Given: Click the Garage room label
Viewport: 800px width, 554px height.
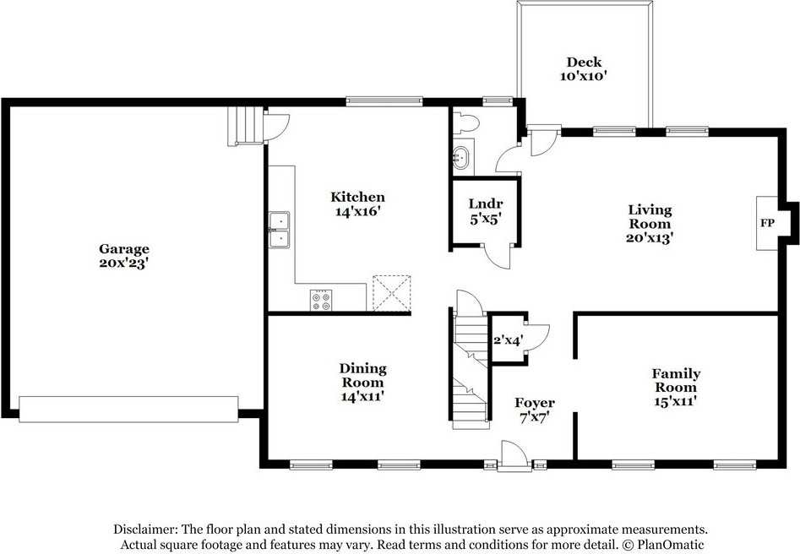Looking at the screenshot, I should [x=124, y=255].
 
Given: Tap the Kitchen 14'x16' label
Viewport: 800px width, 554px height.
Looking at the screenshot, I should [x=356, y=204].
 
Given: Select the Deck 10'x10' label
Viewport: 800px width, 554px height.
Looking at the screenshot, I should [x=584, y=68].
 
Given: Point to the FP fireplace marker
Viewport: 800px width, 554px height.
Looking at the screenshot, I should [x=767, y=224].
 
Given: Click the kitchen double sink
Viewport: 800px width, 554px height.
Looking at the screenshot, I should [x=279, y=230].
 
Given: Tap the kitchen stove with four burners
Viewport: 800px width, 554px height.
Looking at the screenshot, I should [x=321, y=300].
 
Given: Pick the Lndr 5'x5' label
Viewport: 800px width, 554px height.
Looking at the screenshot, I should [x=486, y=210].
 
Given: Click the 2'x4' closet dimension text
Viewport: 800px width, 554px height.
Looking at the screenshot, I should [x=508, y=340].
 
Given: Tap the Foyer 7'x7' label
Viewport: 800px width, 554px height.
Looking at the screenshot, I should [x=535, y=410].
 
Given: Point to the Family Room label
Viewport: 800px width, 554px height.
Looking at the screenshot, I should [x=675, y=387].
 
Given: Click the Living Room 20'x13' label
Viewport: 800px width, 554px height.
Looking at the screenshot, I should [x=649, y=223].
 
